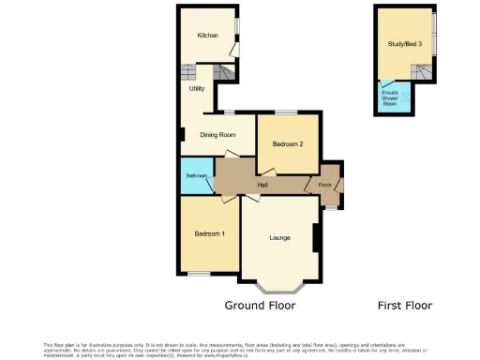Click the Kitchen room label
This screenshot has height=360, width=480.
pos(207,36)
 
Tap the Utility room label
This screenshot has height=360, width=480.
pos(196,89)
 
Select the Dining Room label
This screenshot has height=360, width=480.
pos(216,135)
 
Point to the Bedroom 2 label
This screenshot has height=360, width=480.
pos(288,144)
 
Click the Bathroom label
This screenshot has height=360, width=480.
pos(196,175)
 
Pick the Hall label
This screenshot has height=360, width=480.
pos(263,186)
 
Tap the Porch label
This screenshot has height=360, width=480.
pos(325,185)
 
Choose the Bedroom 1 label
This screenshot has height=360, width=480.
pos(209,233)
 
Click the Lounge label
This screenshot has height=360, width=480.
pos(279,237)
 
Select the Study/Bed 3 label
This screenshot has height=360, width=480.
pos(404,44)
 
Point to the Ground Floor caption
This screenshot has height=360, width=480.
pos(260,306)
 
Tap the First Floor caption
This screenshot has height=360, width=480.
pos(404,306)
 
